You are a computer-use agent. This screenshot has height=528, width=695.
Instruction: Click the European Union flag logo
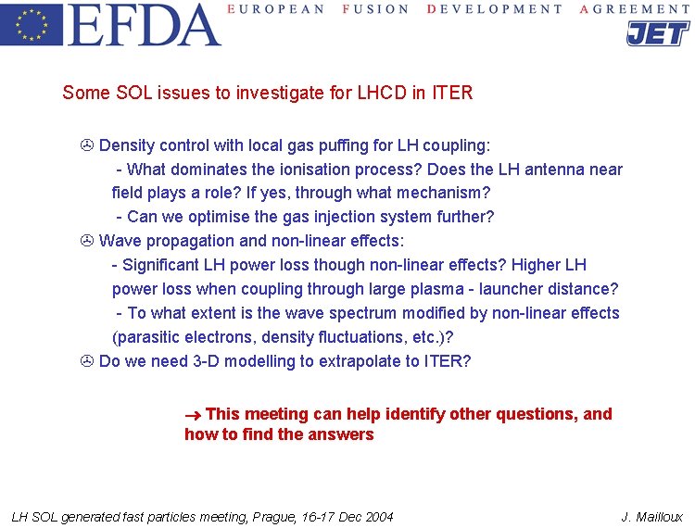click(x=32, y=25)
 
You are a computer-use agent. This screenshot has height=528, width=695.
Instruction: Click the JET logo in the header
click(x=657, y=33)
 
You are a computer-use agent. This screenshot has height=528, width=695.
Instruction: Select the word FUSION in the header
click(x=375, y=9)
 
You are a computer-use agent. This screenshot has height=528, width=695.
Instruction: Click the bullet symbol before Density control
click(x=87, y=145)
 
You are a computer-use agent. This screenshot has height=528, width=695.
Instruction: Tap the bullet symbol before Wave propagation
click(x=87, y=242)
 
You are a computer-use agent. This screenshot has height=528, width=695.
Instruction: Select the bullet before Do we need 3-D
click(x=87, y=361)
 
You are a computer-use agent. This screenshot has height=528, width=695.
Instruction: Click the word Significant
click(x=163, y=266)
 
